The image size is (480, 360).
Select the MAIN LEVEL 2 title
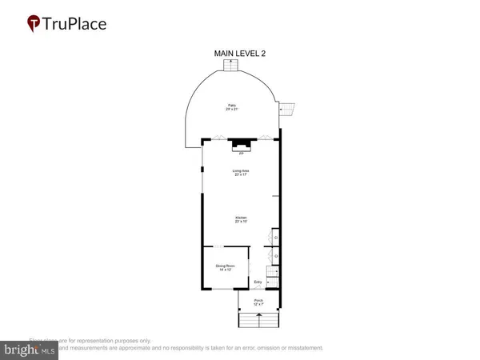point(239,54)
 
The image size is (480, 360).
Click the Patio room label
point(232,106)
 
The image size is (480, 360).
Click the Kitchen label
point(240,219)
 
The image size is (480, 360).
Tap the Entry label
point(258,282)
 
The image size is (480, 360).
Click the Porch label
point(258,302)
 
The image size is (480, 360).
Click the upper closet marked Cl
point(275,238)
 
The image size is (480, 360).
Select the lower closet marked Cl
point(275,256)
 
